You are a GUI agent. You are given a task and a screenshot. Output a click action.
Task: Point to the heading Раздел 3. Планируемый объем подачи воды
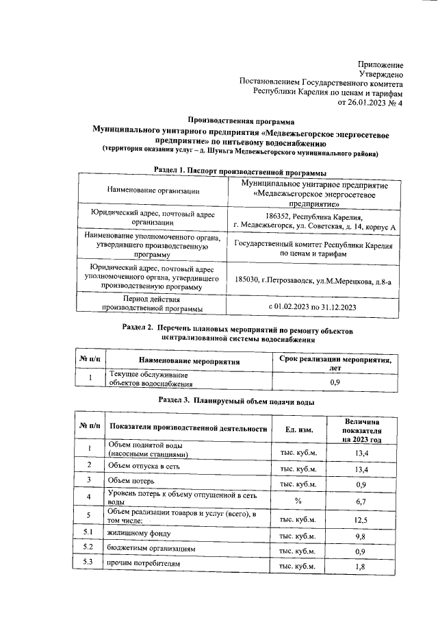pos(237,399)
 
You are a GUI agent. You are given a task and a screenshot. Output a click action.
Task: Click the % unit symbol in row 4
pos(298,500)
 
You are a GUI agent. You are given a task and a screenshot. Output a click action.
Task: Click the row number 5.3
pos(88,564)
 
